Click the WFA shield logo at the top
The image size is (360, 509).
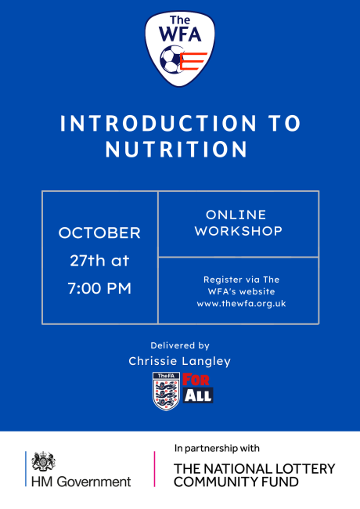point(180,49)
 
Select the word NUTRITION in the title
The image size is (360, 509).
point(176,150)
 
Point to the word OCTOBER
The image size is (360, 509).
point(99,233)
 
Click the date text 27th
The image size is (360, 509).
point(88,260)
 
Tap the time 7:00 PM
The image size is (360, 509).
point(99,288)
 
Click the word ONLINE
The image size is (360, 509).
point(236,215)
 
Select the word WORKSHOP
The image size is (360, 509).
point(239,231)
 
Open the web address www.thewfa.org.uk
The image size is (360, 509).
point(241,304)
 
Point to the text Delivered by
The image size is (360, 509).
point(180,345)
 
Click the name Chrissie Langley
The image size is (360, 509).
point(180,361)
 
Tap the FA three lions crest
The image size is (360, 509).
point(166,392)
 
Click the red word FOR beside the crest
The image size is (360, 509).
point(196,380)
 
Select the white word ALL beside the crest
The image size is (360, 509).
point(198,395)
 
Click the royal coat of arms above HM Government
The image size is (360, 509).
point(43,461)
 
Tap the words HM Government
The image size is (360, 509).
point(81,482)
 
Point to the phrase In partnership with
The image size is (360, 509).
point(217,449)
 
